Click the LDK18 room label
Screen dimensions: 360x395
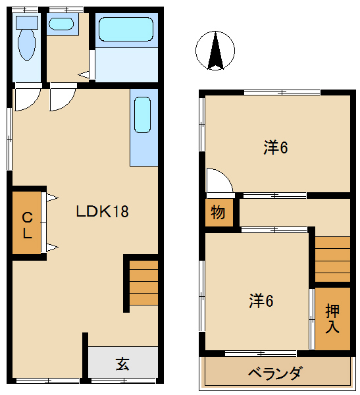click(102, 211)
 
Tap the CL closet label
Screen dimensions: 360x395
click(27, 225)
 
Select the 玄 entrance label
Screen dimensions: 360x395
click(122, 363)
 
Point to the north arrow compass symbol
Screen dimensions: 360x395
click(215, 51)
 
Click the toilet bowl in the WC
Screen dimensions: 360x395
click(27, 45)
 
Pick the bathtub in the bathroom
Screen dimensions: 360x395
click(126, 29)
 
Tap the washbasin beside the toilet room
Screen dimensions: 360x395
click(61, 24)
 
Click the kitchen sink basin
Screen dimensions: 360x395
click(143, 115)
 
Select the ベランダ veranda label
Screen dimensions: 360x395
click(275, 373)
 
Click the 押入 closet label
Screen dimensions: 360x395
click(332, 319)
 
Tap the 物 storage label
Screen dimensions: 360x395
click(218, 213)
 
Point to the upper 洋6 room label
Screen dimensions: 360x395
click(276, 147)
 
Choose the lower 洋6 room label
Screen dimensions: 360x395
click(261, 301)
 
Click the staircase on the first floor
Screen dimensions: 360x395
click(143, 283)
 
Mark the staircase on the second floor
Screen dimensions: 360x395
click(332, 259)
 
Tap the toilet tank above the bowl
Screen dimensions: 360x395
click(27, 22)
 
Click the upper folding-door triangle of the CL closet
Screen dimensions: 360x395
click(52, 197)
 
